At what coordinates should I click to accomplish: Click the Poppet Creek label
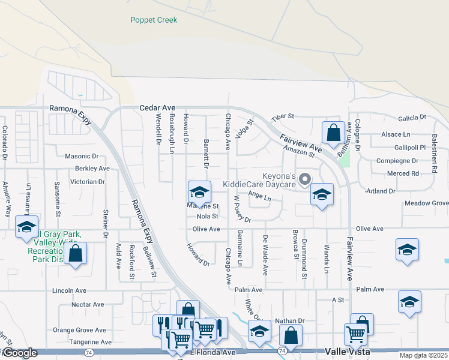pos(154,20)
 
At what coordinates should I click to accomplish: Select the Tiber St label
pos(283,116)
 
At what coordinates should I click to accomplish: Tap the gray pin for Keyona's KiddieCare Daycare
pos(305,179)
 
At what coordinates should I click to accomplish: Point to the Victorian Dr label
pos(88,181)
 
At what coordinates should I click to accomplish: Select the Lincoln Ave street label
pos(70,290)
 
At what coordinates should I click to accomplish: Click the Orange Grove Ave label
pos(79,330)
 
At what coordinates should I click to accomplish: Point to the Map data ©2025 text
pos(423,355)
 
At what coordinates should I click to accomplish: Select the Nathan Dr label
pos(290,321)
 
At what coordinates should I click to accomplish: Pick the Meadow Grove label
pos(426,203)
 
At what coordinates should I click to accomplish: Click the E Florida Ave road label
pos(213,352)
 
